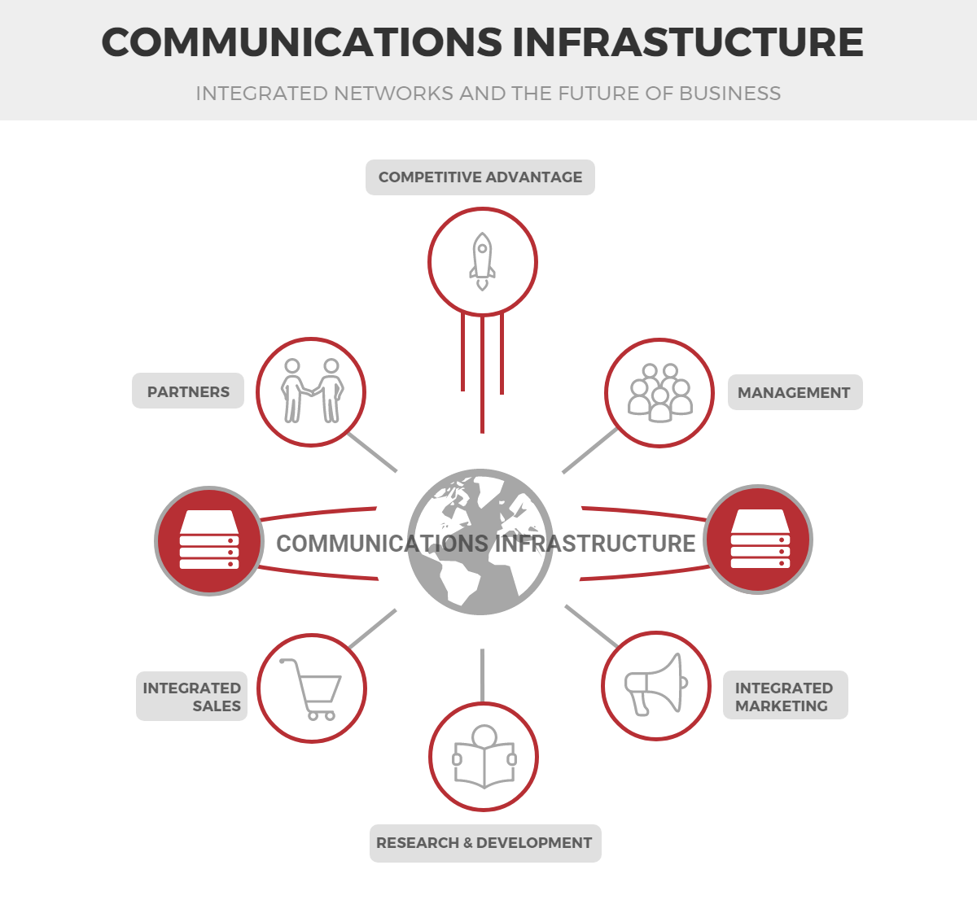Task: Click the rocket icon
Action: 482,261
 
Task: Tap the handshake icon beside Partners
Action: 311,391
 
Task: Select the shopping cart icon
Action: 311,689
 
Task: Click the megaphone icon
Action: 655,684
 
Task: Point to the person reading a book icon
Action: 484,756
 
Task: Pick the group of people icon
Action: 659,392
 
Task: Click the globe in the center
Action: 480,541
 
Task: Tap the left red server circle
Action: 209,541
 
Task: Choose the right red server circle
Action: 758,540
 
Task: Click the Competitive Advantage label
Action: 480,177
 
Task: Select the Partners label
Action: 188,391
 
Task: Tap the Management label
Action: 795,392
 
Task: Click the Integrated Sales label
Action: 191,697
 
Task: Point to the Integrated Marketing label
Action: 785,695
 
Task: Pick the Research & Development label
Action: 485,843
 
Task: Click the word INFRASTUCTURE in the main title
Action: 688,42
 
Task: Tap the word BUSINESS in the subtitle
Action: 729,94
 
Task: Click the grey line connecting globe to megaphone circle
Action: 591,626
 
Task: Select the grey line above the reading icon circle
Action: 482,675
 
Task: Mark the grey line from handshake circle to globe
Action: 372,452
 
